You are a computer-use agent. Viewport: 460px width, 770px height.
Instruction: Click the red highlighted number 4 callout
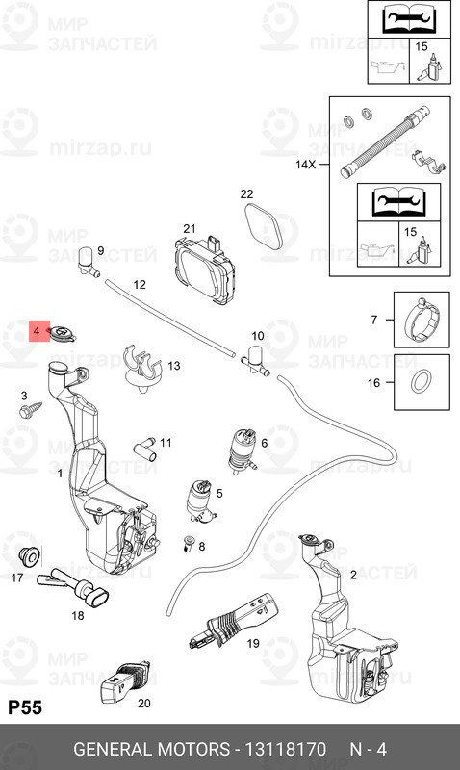click(x=39, y=331)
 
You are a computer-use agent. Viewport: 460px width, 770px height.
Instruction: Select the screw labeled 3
click(x=30, y=410)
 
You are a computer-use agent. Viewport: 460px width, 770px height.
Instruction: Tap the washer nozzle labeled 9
click(x=88, y=261)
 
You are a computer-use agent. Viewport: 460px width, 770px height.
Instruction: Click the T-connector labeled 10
click(x=255, y=360)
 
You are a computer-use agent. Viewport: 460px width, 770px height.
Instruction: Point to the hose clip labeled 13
click(x=142, y=370)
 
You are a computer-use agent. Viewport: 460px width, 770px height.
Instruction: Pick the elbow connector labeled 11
click(x=145, y=449)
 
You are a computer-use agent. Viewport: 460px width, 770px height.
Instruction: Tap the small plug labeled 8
click(x=189, y=544)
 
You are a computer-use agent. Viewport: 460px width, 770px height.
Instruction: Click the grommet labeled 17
click(x=30, y=556)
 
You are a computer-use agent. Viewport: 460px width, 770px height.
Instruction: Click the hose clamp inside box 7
click(x=422, y=320)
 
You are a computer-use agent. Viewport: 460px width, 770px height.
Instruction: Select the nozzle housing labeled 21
click(x=204, y=270)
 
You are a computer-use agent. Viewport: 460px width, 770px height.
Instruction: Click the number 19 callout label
click(x=253, y=643)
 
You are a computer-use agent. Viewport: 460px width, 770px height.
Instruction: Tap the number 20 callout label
click(x=143, y=704)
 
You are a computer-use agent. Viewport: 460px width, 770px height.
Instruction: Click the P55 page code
click(x=25, y=707)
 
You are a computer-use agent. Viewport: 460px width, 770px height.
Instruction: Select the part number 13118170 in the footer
click(x=285, y=750)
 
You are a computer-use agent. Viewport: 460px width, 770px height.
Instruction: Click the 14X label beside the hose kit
click(x=305, y=164)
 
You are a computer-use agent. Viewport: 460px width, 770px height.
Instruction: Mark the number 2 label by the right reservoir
click(x=353, y=575)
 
